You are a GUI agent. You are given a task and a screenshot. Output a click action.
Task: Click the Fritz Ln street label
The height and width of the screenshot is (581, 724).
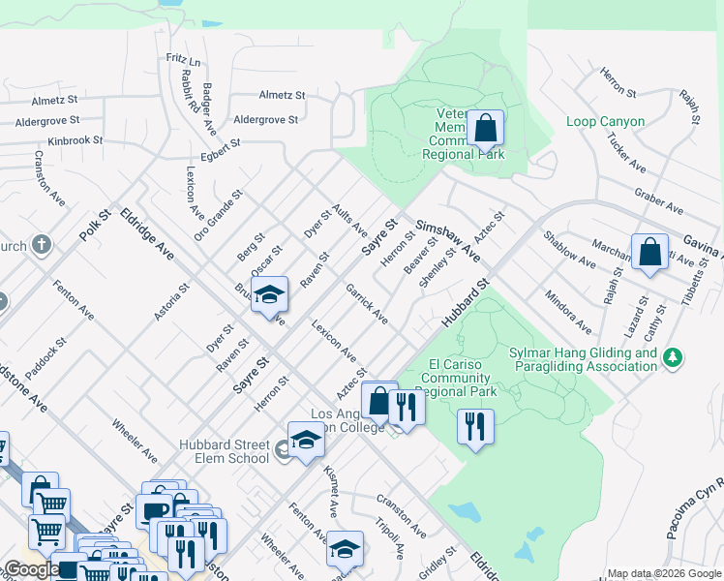(182, 61)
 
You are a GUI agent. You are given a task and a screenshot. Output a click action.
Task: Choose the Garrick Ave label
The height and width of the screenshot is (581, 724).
(368, 305)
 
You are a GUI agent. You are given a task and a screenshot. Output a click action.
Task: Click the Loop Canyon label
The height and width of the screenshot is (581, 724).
(605, 122)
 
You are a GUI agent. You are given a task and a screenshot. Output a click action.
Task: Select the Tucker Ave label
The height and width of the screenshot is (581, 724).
(625, 152)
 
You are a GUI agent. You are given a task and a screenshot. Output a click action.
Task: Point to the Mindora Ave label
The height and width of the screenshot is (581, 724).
(567, 311)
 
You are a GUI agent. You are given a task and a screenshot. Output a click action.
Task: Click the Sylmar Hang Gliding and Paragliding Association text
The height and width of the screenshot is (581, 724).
(583, 359)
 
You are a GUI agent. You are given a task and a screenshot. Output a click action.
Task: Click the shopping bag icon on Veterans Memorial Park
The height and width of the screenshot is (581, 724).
(485, 128)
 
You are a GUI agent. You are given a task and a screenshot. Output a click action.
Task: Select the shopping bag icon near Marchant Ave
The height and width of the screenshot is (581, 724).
(649, 252)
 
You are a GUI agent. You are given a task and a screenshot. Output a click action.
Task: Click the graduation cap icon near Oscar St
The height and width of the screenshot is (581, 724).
(270, 295)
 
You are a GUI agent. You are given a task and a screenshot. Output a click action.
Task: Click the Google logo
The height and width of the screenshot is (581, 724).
(32, 569)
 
